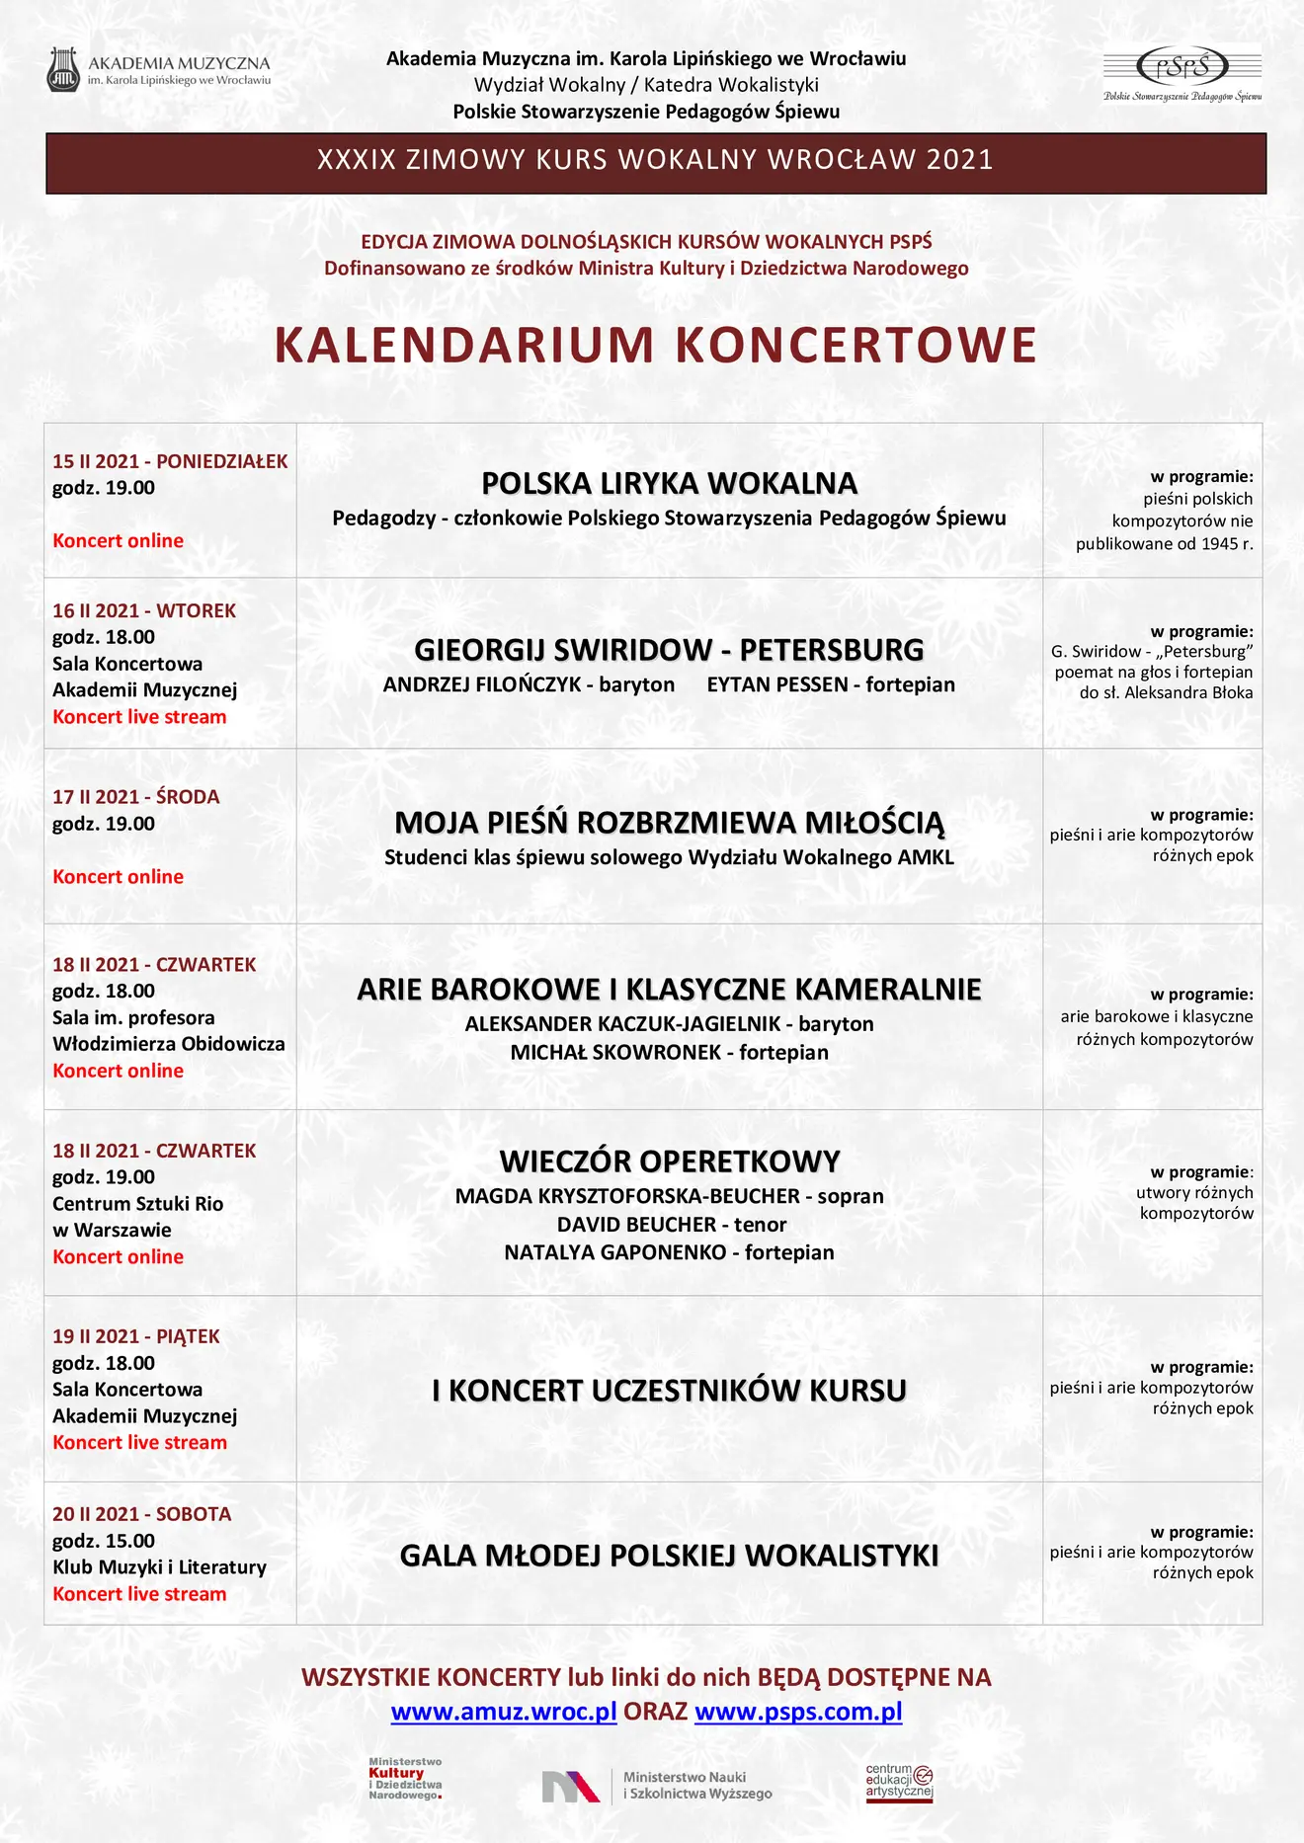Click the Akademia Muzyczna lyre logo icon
click(64, 70)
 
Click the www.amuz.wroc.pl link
click(504, 1712)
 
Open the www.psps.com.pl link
click(798, 1712)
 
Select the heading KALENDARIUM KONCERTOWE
click(655, 346)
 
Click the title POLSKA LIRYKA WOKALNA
click(669, 483)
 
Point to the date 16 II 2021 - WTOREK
click(144, 610)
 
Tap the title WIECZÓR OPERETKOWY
click(669, 1161)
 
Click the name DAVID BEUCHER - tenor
click(672, 1225)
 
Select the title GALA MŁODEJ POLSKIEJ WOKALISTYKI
click(669, 1556)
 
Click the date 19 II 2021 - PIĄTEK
click(136, 1336)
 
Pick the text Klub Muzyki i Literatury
click(159, 1567)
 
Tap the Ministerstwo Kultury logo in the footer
click(406, 1779)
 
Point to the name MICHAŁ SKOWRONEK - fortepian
click(669, 1053)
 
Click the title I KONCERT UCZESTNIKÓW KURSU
click(669, 1391)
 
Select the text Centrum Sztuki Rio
click(137, 1204)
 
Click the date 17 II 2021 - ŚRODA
click(136, 797)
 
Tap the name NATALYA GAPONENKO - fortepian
click(669, 1253)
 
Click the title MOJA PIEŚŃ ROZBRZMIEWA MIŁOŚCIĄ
click(669, 823)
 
